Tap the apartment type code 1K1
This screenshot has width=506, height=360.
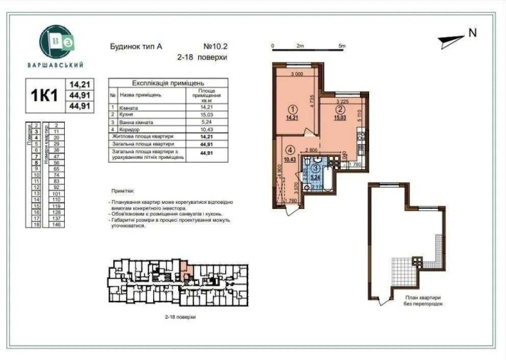pos(42,96)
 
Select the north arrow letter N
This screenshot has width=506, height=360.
pos(472,33)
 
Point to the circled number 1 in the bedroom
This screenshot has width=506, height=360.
pos(291,110)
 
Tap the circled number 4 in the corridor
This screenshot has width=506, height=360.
pos(290,150)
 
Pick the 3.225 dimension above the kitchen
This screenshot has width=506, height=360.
pos(342,101)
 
